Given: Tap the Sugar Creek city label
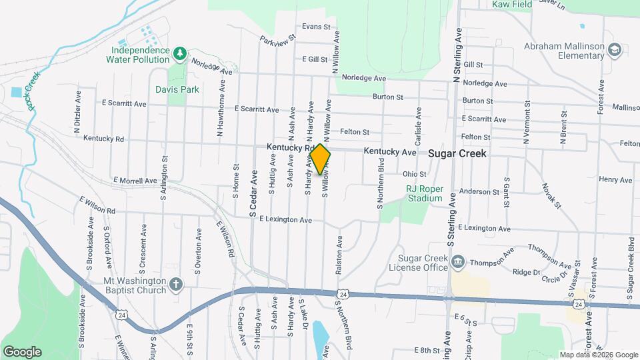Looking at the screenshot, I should (x=457, y=153).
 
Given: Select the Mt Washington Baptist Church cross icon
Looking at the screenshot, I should (x=176, y=285).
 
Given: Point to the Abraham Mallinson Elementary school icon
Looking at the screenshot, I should (x=614, y=49).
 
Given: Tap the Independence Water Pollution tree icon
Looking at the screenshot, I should (x=179, y=53).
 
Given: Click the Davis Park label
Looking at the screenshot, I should (x=177, y=89).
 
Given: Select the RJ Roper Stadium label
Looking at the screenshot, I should (x=425, y=193).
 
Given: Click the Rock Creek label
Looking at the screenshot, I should (x=32, y=90).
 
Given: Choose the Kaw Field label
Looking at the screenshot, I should (x=512, y=5).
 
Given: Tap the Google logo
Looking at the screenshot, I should (x=22, y=351).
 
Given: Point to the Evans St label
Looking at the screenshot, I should (x=315, y=27).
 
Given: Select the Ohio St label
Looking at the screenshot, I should (x=413, y=174).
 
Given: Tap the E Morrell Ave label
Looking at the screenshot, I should (x=135, y=181).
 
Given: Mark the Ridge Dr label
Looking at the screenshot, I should (x=527, y=272).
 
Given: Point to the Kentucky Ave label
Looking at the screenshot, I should (x=390, y=153).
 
